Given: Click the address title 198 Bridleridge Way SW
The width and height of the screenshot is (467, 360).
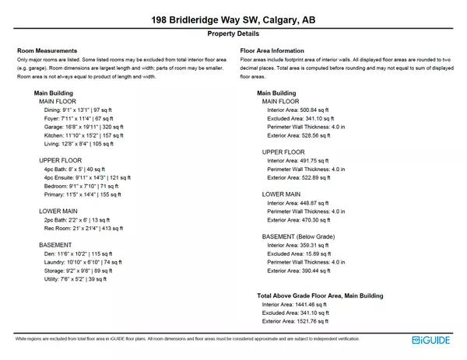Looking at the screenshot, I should tap(233, 19).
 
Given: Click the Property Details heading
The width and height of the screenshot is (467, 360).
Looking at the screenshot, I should tap(233, 35).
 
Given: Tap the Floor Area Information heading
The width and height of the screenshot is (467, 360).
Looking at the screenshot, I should tap(272, 51).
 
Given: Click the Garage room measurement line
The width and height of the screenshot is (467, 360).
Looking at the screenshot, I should tap(79, 126).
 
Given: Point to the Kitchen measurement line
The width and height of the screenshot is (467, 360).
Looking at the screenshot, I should tap(79, 135).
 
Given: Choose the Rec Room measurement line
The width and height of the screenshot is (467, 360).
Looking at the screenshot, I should tap(84, 229).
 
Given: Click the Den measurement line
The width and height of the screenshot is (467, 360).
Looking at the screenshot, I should tap(79, 253).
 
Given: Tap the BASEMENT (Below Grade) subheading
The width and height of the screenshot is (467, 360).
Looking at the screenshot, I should tap(298, 236).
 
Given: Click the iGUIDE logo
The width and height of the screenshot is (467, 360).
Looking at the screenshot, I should tap(433, 340).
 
